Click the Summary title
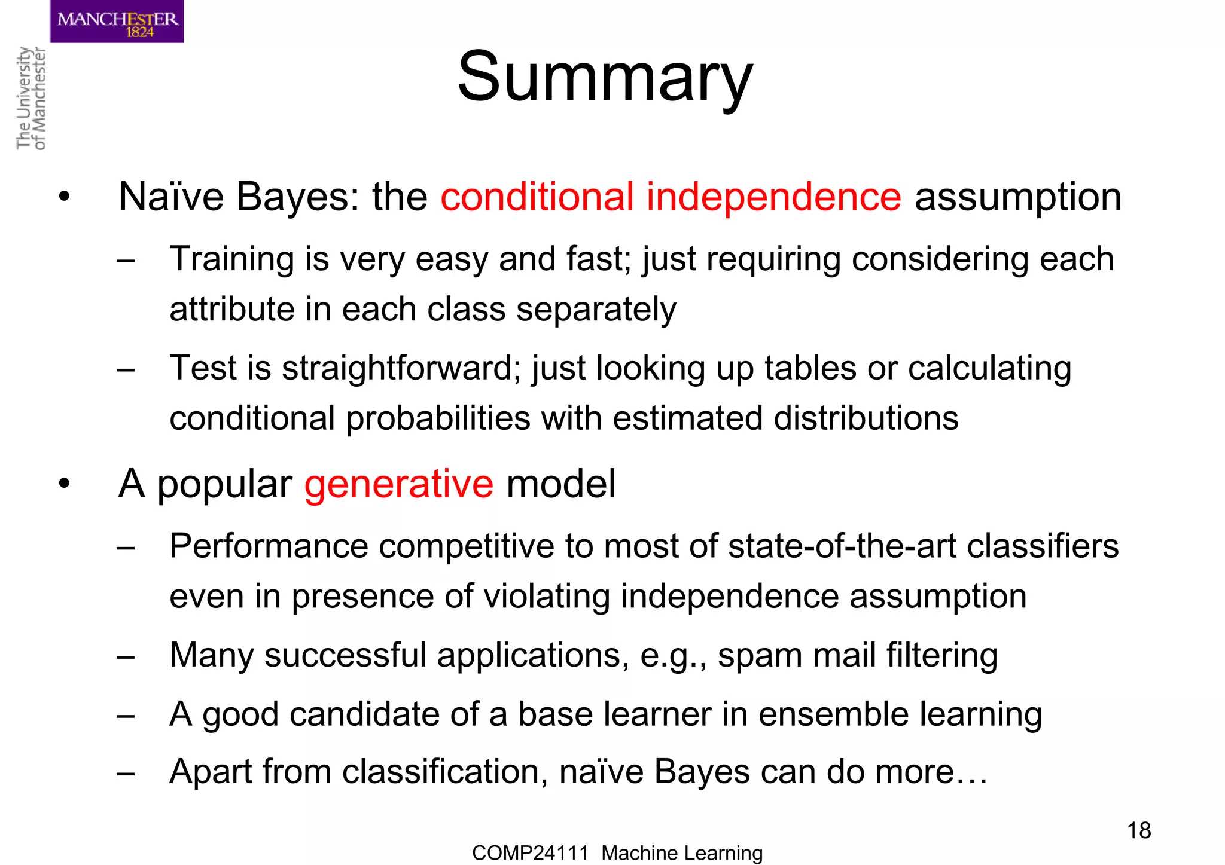coord(605,78)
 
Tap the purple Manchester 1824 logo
coord(117,22)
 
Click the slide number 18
coord(1138,830)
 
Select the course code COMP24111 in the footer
coord(530,852)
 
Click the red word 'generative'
coord(399,484)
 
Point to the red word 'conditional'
coord(537,197)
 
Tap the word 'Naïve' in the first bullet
coord(170,197)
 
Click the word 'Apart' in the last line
coord(211,771)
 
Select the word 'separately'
coord(596,310)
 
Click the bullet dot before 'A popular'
coord(65,484)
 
